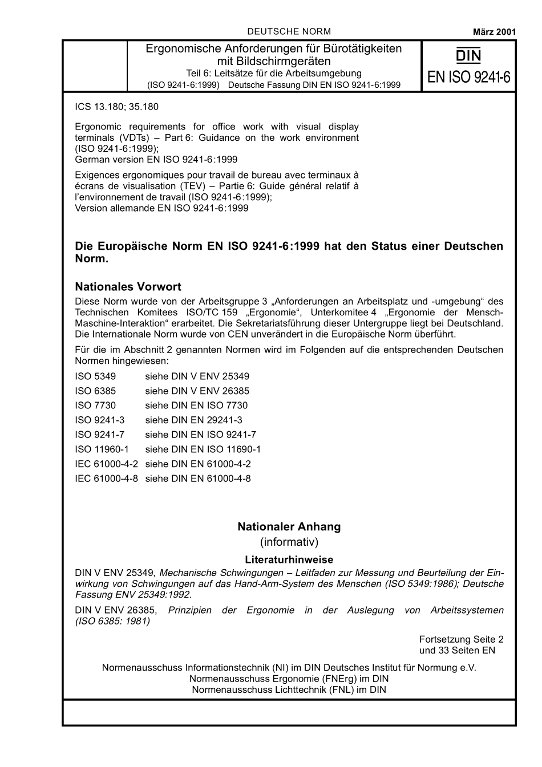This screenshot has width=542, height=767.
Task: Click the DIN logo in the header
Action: [468, 55]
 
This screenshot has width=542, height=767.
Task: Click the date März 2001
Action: [494, 32]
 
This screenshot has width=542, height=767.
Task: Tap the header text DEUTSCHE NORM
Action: [289, 31]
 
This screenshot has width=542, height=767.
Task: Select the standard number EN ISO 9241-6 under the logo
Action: [468, 78]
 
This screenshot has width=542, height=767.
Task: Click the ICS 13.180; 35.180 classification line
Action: [116, 107]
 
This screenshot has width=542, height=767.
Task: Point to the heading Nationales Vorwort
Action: [128, 286]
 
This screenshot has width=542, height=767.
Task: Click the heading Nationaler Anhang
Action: [289, 526]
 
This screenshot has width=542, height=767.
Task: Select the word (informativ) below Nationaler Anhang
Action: [289, 542]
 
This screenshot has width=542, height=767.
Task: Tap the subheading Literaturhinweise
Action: [289, 559]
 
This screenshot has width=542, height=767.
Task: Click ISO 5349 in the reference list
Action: [95, 376]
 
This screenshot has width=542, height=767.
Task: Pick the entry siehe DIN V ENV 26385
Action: [197, 391]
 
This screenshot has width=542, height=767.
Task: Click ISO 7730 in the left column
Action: [95, 405]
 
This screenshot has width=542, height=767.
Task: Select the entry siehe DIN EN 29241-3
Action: [193, 420]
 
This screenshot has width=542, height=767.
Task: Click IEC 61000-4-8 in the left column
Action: [106, 478]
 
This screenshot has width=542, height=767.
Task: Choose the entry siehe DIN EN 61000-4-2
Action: [197, 464]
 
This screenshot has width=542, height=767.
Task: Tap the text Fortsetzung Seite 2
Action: [461, 639]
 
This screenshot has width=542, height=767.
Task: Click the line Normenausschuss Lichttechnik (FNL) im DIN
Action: [289, 689]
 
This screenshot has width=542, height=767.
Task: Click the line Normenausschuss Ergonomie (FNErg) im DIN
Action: [289, 679]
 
